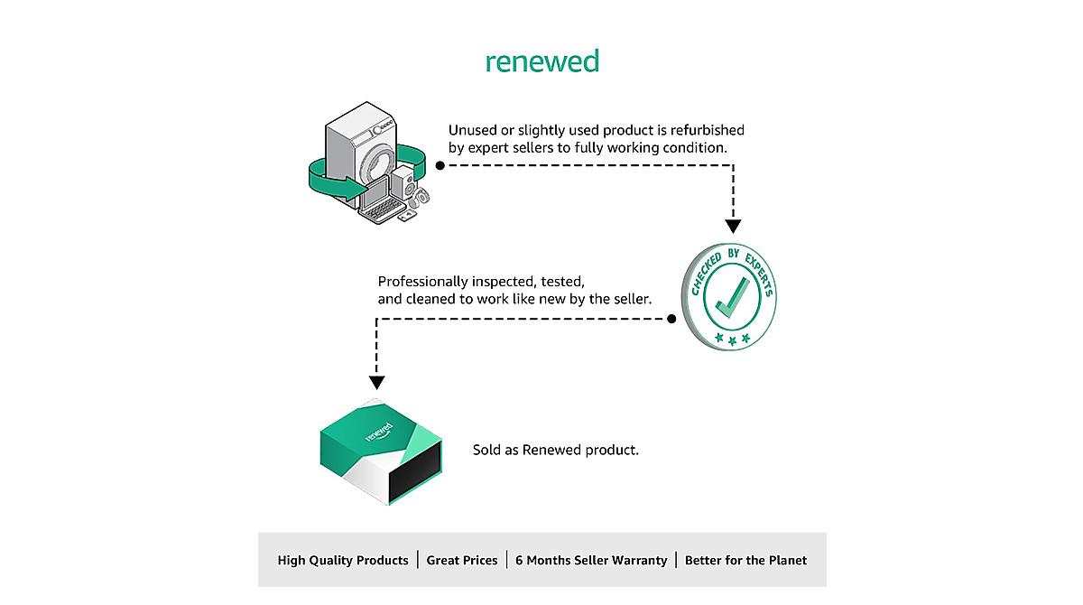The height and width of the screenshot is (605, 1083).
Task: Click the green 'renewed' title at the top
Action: tap(542, 62)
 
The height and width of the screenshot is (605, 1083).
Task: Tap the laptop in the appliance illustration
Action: tap(380, 201)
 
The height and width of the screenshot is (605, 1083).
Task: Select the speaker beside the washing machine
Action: tap(404, 183)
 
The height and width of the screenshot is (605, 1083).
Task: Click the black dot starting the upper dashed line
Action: tap(440, 166)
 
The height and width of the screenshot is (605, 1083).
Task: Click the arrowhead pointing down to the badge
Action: tap(733, 227)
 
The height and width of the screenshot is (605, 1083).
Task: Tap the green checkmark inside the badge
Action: tap(732, 297)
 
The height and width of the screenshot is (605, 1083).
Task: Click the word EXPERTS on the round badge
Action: tap(760, 274)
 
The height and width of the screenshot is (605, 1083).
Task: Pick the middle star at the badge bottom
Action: tap(733, 341)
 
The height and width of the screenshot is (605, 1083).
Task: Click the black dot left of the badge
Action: tap(671, 319)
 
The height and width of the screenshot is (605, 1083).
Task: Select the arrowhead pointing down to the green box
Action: tap(376, 383)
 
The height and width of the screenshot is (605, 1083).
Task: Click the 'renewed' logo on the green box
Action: tap(379, 432)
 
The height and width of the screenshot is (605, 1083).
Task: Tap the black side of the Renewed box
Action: tap(415, 472)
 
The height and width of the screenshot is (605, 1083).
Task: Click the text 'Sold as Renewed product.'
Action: tap(556, 451)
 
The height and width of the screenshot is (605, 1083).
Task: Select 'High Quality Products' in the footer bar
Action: tap(343, 561)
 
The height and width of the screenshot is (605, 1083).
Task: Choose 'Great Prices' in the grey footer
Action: tap(462, 561)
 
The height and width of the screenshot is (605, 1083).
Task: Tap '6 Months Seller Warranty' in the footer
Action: tap(591, 561)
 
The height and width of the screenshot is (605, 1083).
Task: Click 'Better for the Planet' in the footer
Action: tap(746, 561)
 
